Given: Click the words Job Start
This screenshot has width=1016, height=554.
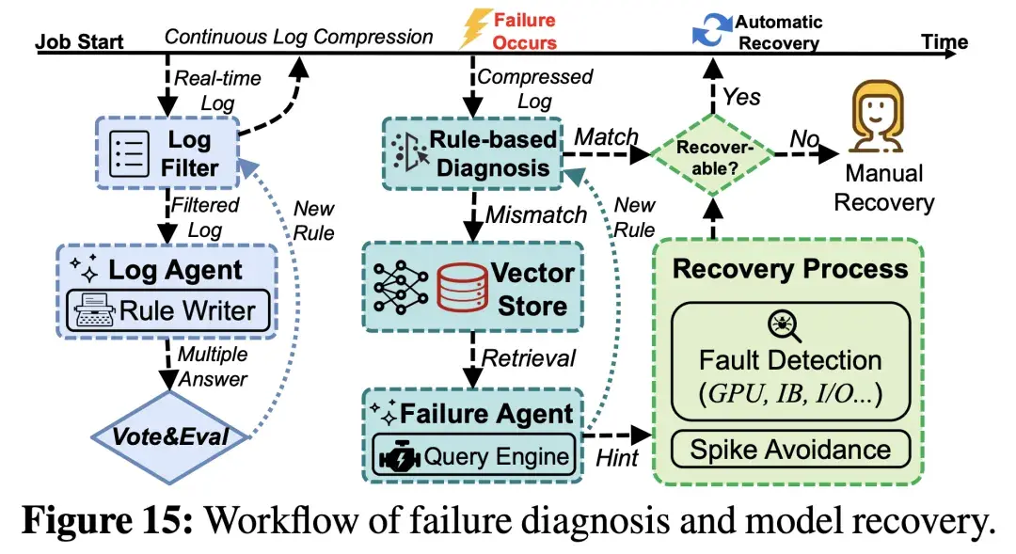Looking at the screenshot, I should pyautogui.click(x=78, y=42).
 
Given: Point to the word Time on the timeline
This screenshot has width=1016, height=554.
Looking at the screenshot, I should pyautogui.click(x=944, y=42).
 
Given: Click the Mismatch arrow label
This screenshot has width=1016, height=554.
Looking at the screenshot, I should pyautogui.click(x=535, y=215).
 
